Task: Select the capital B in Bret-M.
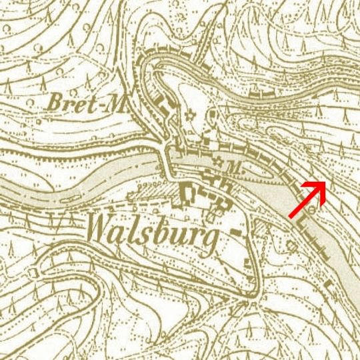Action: click(x=57, y=103)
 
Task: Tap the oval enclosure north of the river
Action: click(x=211, y=120)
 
